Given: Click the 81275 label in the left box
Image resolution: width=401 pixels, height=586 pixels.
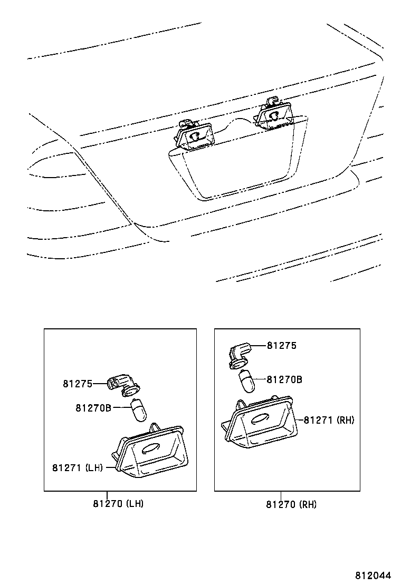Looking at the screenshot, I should tap(77, 384).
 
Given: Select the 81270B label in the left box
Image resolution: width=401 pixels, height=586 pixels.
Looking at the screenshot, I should tap(93, 407).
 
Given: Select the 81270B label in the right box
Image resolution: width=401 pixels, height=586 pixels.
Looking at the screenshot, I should tap(284, 379).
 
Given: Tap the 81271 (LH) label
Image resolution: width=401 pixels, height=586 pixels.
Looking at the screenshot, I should tap(77, 467).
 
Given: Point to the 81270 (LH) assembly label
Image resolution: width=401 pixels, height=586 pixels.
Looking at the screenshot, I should tap(118, 503).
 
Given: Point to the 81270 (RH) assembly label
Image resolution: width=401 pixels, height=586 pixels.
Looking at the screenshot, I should tap(291, 504).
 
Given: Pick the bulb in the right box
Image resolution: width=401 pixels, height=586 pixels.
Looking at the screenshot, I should tap(247, 381).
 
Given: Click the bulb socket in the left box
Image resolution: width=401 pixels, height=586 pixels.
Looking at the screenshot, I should tap(122, 386).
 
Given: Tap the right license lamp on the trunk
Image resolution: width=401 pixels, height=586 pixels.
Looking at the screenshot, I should tap(274, 116).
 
